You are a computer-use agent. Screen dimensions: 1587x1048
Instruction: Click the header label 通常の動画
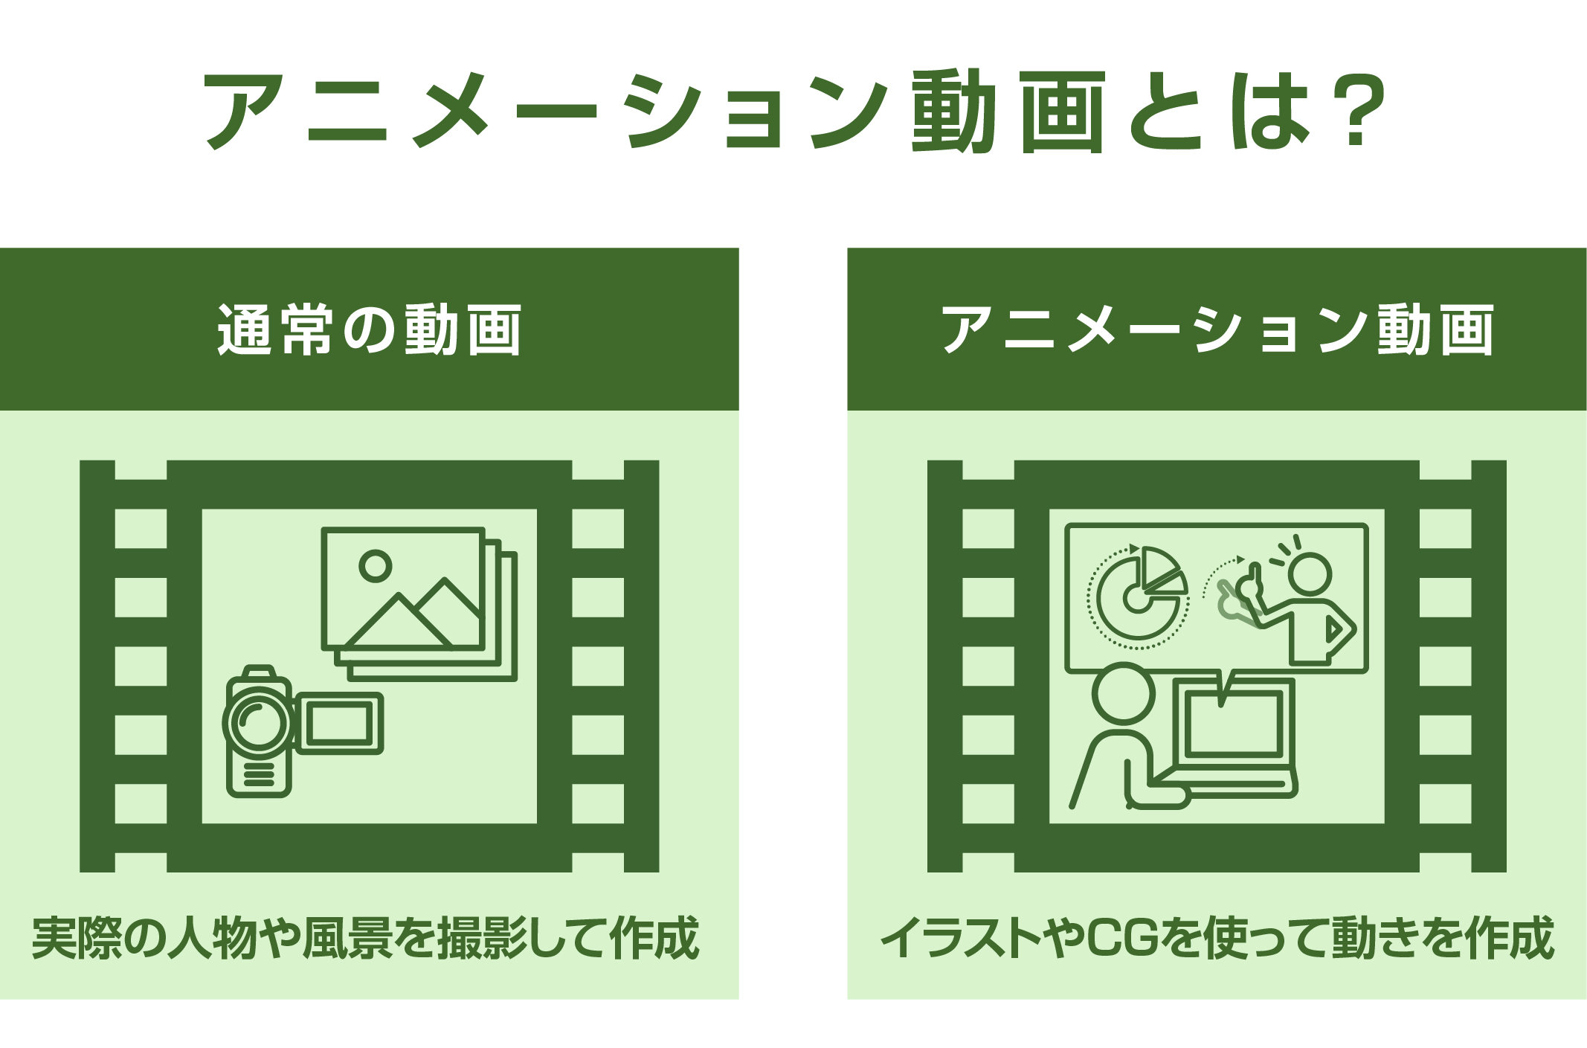coord(369,329)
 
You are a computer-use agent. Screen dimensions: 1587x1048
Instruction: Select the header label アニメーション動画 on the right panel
coord(1217,329)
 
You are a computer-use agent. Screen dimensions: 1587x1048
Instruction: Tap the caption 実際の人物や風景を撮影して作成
coord(365,938)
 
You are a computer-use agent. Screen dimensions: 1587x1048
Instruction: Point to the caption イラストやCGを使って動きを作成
coord(1217,938)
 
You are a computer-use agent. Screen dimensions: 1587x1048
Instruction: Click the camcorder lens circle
coord(258,722)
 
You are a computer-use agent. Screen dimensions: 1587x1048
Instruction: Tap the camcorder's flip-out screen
coord(339,724)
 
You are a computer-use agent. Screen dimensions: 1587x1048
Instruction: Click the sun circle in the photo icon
coord(375,565)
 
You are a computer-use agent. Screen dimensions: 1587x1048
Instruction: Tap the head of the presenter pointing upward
coord(1310,573)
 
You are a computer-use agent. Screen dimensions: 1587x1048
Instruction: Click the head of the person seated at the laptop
coord(1124,693)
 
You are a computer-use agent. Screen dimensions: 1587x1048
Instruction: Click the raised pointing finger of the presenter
coord(1255,575)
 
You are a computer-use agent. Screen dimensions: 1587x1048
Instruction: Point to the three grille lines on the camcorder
coord(258,774)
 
